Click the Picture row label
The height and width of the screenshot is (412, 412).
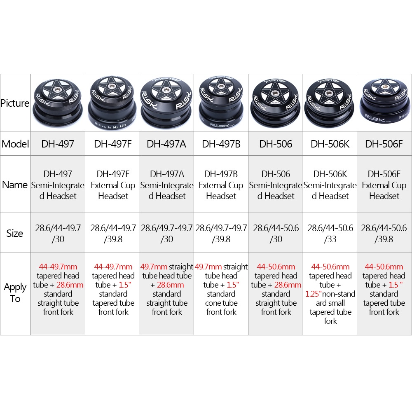point(15,103)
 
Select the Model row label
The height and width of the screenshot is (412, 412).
point(15,144)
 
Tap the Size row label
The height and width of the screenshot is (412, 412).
point(15,233)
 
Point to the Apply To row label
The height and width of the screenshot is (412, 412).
point(15,293)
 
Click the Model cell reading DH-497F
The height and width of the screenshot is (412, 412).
point(113,144)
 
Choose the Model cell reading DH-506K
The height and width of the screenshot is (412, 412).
point(330,144)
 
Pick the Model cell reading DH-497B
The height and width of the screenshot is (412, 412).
point(221,144)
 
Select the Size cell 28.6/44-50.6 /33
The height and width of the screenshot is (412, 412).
point(330,233)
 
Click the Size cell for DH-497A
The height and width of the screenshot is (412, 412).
point(167,233)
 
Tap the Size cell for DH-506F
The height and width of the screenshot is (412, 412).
point(384,233)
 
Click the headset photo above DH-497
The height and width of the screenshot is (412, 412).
point(58,103)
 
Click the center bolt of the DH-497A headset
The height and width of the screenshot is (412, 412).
point(166,90)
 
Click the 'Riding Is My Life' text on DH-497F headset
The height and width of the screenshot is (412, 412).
point(110,126)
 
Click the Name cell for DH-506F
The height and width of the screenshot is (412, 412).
point(384,185)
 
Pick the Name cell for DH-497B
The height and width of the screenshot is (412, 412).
point(221,185)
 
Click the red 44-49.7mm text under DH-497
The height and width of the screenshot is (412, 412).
point(58,267)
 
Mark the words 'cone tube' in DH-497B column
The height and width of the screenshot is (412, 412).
point(221,303)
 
